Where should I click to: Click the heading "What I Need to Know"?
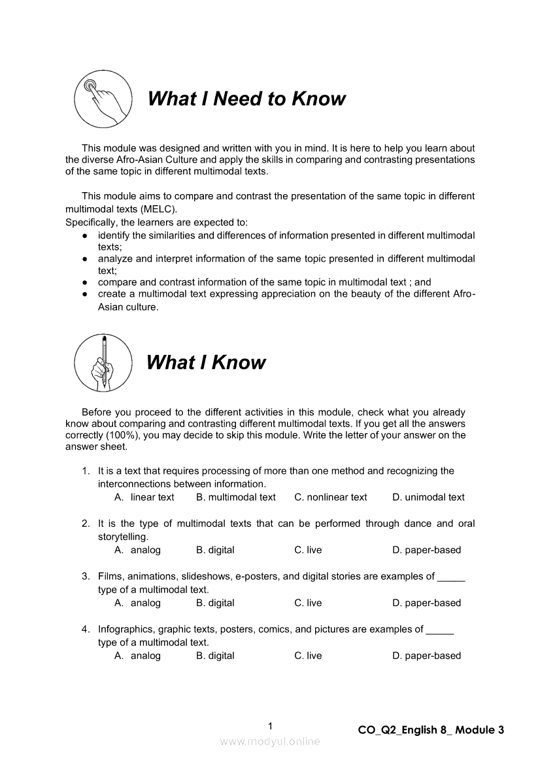pyautogui.click(x=246, y=99)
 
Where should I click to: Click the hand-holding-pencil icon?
pyautogui.click(x=103, y=362)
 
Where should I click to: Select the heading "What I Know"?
pyautogui.click(x=206, y=362)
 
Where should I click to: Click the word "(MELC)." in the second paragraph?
pyautogui.click(x=157, y=208)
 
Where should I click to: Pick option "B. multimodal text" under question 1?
pyautogui.click(x=236, y=497)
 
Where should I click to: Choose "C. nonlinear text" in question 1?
pyautogui.click(x=331, y=497)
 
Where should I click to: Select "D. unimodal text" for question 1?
pyautogui.click(x=428, y=497)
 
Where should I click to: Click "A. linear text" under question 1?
pyautogui.click(x=144, y=497)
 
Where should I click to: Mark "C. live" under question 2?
pyautogui.click(x=308, y=550)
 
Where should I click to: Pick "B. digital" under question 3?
pyautogui.click(x=215, y=603)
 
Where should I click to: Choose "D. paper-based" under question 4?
pyautogui.click(x=426, y=656)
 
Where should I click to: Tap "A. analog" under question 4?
pyautogui.click(x=137, y=656)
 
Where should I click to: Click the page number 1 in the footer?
pyautogui.click(x=270, y=725)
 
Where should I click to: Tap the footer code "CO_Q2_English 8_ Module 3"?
pyautogui.click(x=431, y=730)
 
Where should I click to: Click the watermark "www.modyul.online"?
pyautogui.click(x=270, y=742)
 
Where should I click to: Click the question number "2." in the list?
pyautogui.click(x=86, y=523)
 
